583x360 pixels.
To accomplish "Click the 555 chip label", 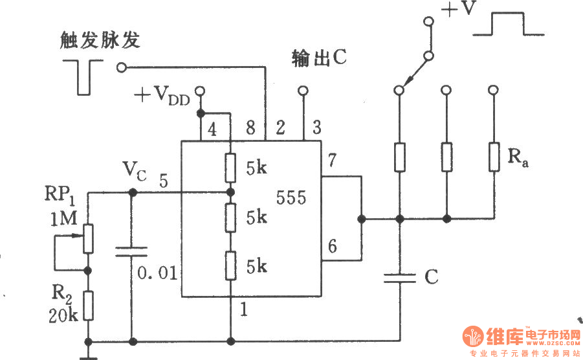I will click(x=291, y=198).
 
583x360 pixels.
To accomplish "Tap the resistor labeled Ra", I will click(x=494, y=156).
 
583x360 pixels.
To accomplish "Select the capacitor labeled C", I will click(x=399, y=278).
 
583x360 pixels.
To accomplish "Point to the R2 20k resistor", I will click(x=89, y=306).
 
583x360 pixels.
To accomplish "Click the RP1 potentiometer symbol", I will click(x=89, y=238).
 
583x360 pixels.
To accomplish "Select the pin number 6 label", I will click(x=333, y=245).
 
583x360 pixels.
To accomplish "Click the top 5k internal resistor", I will click(x=230, y=168).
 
